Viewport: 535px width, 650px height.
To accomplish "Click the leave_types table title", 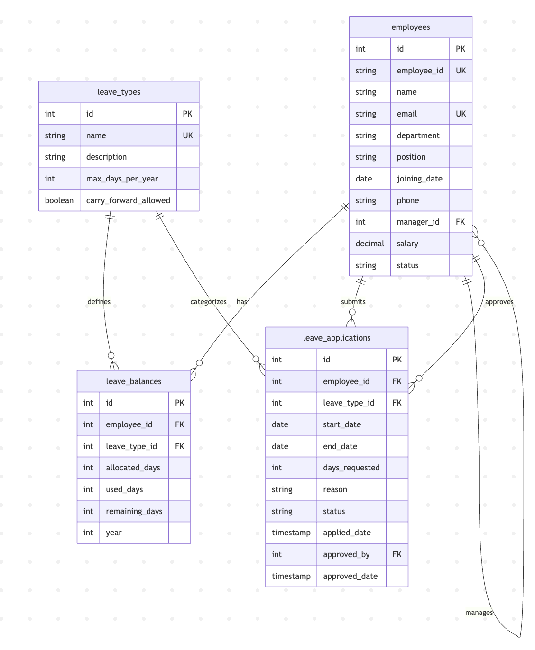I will pyautogui.click(x=119, y=92).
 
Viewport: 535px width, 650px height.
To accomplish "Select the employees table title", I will pyautogui.click(x=410, y=27).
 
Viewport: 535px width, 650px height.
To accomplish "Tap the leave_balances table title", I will pyautogui.click(x=133, y=381).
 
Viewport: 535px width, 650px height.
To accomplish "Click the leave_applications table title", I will pyautogui.click(x=336, y=338).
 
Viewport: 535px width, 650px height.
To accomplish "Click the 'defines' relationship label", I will pyautogui.click(x=99, y=302).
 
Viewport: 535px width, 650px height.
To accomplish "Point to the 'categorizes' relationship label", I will pyautogui.click(x=208, y=302).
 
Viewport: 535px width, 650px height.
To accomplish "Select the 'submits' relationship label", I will pyautogui.click(x=353, y=302).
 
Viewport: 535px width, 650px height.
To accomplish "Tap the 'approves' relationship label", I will pyautogui.click(x=499, y=302).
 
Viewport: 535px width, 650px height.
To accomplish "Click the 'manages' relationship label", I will pyautogui.click(x=479, y=613).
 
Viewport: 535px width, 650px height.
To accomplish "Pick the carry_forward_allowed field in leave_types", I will pyautogui.click(x=128, y=200).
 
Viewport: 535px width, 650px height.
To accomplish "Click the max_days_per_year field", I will pyautogui.click(x=122, y=179).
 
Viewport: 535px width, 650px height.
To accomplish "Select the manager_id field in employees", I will pyautogui.click(x=418, y=222).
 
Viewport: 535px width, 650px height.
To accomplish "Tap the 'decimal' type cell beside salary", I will pyautogui.click(x=369, y=244).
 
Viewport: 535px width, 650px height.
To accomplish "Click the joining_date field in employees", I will pyautogui.click(x=419, y=179).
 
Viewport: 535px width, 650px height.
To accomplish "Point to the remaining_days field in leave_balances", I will pyautogui.click(x=134, y=511).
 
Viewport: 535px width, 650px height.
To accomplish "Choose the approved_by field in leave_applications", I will pyautogui.click(x=346, y=554).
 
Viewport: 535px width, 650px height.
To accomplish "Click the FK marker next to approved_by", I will pyautogui.click(x=397, y=554).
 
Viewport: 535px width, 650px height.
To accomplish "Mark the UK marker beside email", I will pyautogui.click(x=461, y=114).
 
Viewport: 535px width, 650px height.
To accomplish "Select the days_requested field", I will pyautogui.click(x=351, y=468).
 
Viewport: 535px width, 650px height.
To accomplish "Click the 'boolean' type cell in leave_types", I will pyautogui.click(x=59, y=200).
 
